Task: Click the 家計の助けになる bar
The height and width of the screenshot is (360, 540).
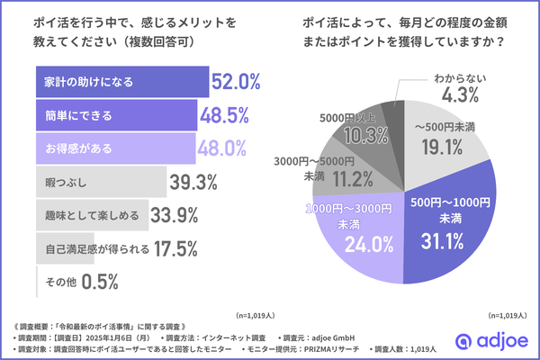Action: tap(121, 82)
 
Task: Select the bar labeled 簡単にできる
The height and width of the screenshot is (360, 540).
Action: tap(116, 114)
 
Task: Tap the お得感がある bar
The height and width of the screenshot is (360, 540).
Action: tap(115, 147)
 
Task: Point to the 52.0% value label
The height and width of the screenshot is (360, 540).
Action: tap(236, 82)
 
